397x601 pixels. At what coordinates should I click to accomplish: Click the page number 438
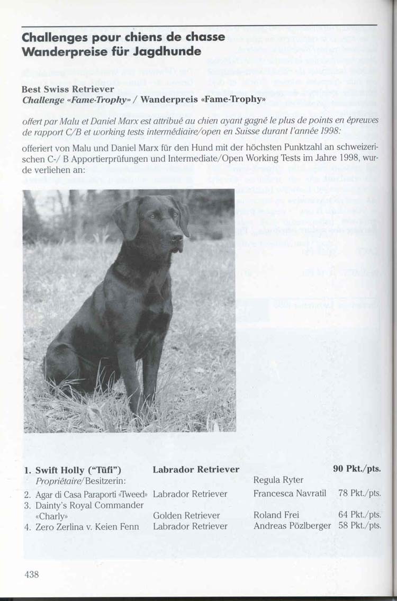(x=32, y=574)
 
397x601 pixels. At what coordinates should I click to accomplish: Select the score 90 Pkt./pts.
(x=357, y=469)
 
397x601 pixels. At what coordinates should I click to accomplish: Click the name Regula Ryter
(x=278, y=480)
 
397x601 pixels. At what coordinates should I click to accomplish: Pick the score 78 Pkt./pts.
(x=359, y=494)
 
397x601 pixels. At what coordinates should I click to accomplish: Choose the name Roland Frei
(x=276, y=515)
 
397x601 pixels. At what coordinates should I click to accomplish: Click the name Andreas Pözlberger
(x=292, y=526)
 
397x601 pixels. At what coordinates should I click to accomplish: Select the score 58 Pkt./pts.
(x=359, y=526)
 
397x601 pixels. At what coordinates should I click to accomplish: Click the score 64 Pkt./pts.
(x=359, y=515)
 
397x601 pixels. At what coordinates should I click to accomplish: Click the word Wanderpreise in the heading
(x=56, y=51)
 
